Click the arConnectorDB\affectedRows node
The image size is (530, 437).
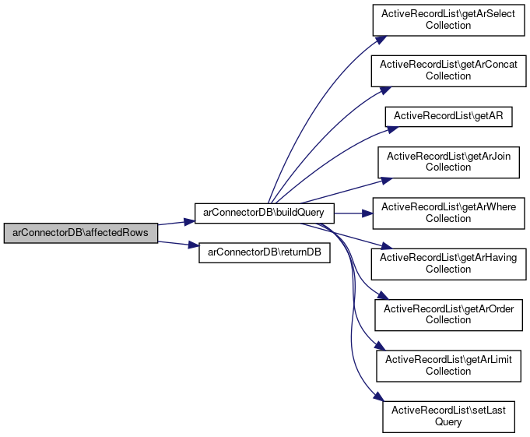[80, 234]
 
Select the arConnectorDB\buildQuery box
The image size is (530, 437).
[264, 212]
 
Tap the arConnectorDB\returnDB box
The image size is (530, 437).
[265, 253]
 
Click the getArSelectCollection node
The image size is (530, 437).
[448, 19]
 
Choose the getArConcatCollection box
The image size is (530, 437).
[448, 70]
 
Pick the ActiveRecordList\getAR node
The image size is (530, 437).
[448, 115]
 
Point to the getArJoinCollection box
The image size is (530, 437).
[448, 161]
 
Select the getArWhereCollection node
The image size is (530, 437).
[448, 212]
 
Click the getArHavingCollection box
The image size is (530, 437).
[448, 263]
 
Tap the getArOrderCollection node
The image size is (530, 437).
[448, 314]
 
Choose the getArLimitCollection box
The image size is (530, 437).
[448, 365]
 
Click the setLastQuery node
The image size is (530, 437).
[448, 415]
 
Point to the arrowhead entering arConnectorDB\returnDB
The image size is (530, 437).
[195, 246]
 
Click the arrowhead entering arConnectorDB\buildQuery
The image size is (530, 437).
[189, 221]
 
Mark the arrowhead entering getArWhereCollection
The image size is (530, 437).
[368, 212]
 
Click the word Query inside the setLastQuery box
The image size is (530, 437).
[448, 421]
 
